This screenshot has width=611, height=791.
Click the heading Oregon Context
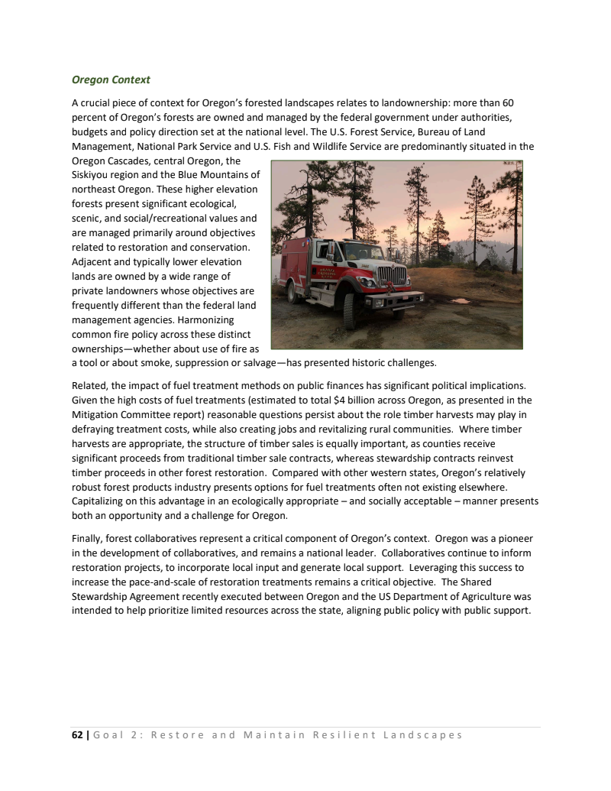(x=111, y=79)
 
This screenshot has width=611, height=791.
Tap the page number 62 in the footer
(x=76, y=735)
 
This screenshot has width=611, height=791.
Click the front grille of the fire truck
(x=391, y=275)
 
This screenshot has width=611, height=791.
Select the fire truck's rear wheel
(x=293, y=291)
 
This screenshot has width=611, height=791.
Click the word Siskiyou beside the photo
(x=90, y=175)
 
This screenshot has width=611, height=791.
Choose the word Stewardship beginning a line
(x=102, y=596)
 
